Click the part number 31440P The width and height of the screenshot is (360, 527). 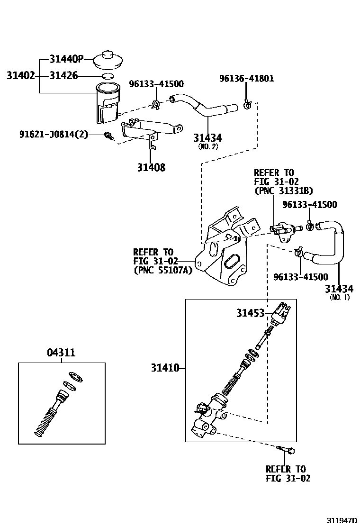tap(66, 59)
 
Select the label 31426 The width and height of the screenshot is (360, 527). tap(64, 76)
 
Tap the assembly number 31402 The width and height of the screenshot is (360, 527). tap(21, 76)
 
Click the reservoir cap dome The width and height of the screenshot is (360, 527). tap(108, 61)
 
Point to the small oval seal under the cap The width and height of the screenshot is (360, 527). tap(108, 76)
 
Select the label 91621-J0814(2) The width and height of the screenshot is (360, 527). tap(54, 135)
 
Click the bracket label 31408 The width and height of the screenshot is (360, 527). tap(151, 167)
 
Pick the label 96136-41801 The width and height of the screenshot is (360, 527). tap(246, 78)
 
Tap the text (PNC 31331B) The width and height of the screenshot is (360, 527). tap(284, 191)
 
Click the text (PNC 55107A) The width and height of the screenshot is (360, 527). tap(163, 270)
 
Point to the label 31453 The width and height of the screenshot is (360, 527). tap(251, 313)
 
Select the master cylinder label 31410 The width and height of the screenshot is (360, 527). tap(165, 368)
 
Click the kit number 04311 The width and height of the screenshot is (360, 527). tap(61, 353)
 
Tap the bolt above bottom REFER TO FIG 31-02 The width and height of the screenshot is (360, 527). tap(286, 448)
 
